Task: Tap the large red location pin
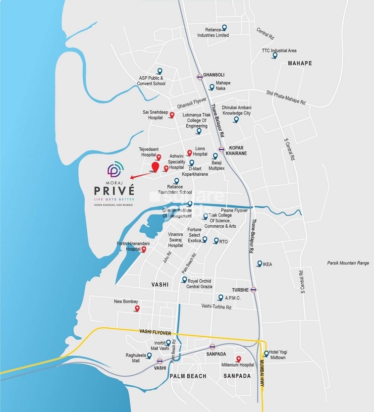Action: pyautogui.click(x=156, y=167)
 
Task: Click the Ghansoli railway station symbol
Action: pyautogui.click(x=200, y=76)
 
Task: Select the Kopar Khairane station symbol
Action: pyautogui.click(x=222, y=149)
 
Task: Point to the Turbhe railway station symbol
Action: pyautogui.click(x=254, y=290)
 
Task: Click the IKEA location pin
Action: pyautogui.click(x=259, y=264)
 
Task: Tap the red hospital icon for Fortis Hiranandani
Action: pyautogui.click(x=144, y=250)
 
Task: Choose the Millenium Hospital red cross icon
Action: pyautogui.click(x=239, y=359)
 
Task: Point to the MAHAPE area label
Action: pyautogui.click(x=300, y=63)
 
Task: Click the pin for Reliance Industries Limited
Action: pyautogui.click(x=224, y=28)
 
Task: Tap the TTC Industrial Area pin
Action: pyautogui.click(x=274, y=55)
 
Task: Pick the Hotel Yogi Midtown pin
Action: pyautogui.click(x=267, y=354)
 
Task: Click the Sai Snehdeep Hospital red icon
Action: pyautogui.click(x=172, y=115)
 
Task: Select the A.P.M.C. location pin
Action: pyautogui.click(x=220, y=298)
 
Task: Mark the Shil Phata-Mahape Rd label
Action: pyautogui.click(x=286, y=98)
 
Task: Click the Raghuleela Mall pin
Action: pyautogui.click(x=150, y=356)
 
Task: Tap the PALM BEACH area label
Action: pyautogui.click(x=188, y=376)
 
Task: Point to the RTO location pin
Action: pyautogui.click(x=215, y=241)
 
